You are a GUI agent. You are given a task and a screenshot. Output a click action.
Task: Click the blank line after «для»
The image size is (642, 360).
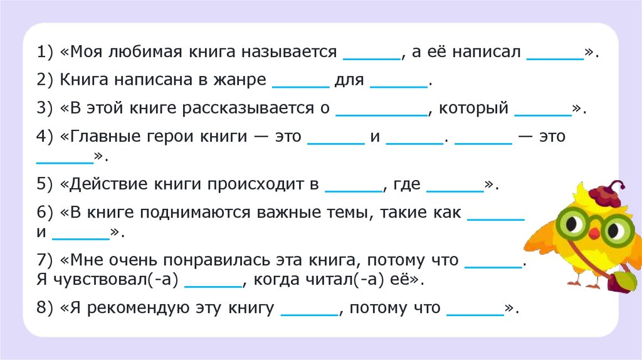(x=399, y=85)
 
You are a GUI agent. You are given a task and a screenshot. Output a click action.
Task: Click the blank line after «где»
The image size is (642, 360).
(x=455, y=189)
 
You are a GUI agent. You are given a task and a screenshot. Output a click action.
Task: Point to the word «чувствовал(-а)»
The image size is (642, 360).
(x=108, y=280)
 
